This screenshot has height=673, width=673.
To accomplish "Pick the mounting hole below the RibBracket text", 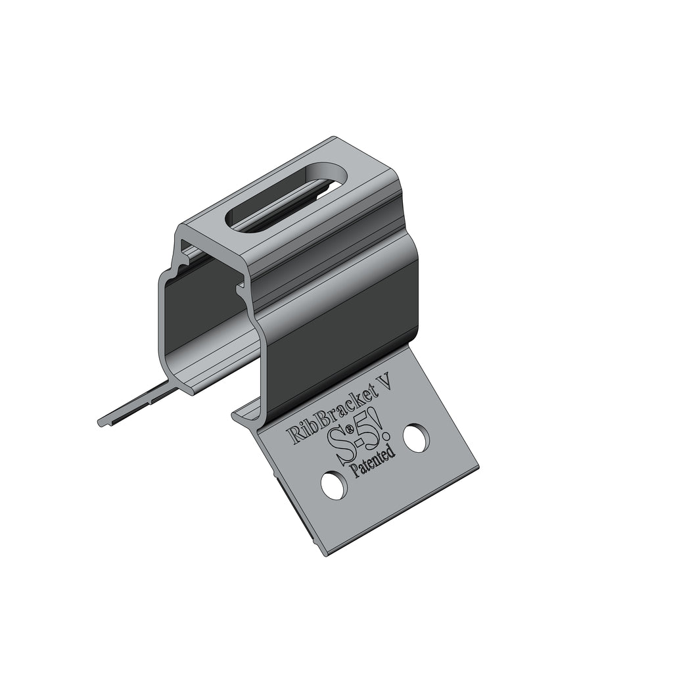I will tap(333, 485).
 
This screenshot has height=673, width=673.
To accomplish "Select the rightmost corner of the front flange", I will tap(477, 468).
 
